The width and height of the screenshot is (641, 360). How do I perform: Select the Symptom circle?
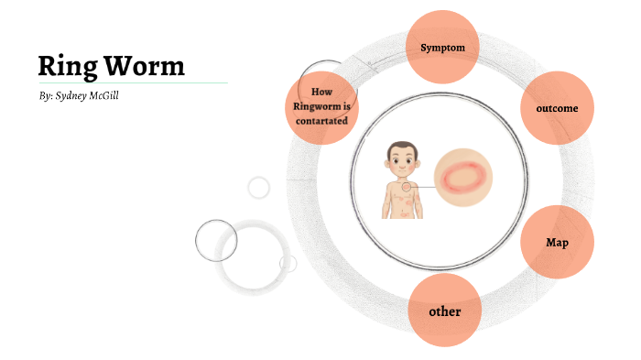(442, 47)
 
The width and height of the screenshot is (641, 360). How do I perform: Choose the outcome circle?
(556, 109)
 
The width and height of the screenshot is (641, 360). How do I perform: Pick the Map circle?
(557, 243)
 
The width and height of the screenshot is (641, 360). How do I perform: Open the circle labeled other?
(445, 311)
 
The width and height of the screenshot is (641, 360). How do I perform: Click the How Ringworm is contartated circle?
(320, 107)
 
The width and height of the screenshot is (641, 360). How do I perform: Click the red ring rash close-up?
(462, 177)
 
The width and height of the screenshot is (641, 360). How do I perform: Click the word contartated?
(320, 121)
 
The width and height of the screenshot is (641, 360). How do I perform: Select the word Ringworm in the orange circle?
(320, 107)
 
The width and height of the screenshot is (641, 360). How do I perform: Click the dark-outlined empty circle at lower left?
(216, 241)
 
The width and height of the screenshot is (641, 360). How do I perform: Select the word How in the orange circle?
(320, 93)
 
